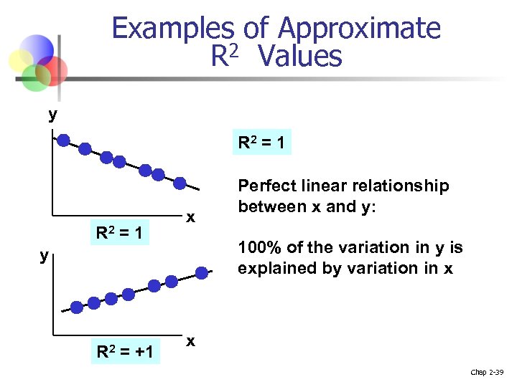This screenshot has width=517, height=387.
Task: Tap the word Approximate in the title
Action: coord(358,29)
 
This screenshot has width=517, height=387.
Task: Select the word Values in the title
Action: coord(302,56)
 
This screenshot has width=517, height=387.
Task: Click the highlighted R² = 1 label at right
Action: coord(261,143)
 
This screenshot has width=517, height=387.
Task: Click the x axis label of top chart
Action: coord(190,216)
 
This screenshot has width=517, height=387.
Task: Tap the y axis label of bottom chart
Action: coord(45,254)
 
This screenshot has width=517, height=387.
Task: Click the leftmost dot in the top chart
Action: coord(64,140)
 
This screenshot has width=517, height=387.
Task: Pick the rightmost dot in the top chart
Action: coord(180,183)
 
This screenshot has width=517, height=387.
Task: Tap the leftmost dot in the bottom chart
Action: coord(75,308)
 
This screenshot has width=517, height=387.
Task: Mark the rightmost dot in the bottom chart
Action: coord(202,272)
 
